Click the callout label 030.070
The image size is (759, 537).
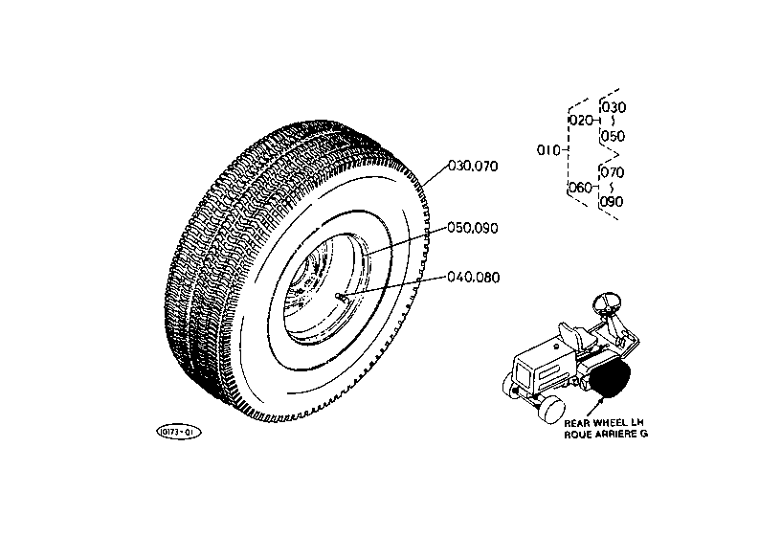(473, 166)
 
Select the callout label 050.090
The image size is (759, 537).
(473, 228)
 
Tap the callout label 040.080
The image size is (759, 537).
(473, 278)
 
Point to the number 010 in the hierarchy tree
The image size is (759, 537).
(548, 150)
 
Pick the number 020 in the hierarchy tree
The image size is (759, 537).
(580, 121)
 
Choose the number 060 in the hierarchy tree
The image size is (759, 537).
(580, 188)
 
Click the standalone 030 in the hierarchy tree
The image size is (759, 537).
(614, 106)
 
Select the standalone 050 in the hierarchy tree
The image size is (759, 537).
(614, 137)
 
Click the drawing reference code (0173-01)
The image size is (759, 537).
(179, 432)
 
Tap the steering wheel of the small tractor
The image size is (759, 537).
(606, 303)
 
